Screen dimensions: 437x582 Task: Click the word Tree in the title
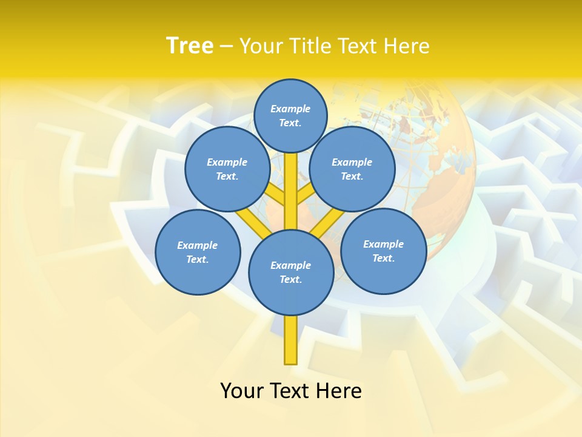click(x=190, y=46)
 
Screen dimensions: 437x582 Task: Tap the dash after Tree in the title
click(x=226, y=46)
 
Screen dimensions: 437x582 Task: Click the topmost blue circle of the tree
click(x=290, y=115)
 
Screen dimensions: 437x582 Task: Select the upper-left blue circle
click(x=227, y=169)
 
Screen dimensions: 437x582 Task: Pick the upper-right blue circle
click(x=352, y=169)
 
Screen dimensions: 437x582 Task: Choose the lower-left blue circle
click(x=198, y=252)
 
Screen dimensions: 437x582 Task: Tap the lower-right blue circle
click(x=384, y=251)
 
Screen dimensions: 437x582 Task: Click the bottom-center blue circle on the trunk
click(x=291, y=273)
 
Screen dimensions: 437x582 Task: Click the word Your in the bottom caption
click(x=241, y=390)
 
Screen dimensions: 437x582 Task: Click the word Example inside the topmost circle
click(x=290, y=109)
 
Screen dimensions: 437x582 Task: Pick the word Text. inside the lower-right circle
click(x=384, y=258)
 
